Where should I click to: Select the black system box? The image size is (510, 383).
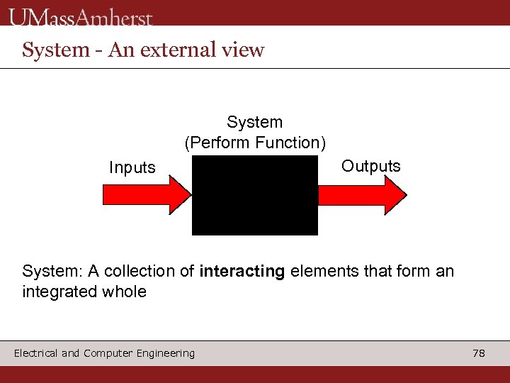(255, 195)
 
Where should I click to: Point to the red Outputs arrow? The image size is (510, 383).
(361, 194)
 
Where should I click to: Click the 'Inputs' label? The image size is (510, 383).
(132, 168)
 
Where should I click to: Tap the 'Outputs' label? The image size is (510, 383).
(370, 167)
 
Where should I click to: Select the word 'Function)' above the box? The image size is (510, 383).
(291, 143)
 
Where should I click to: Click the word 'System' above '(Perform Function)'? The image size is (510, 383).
(254, 123)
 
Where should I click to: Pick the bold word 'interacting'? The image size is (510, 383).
(242, 271)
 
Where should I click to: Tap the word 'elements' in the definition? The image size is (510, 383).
(322, 271)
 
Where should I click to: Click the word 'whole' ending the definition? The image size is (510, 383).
(125, 292)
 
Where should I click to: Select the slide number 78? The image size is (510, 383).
(479, 353)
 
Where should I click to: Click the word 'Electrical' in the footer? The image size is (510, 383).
(35, 353)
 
